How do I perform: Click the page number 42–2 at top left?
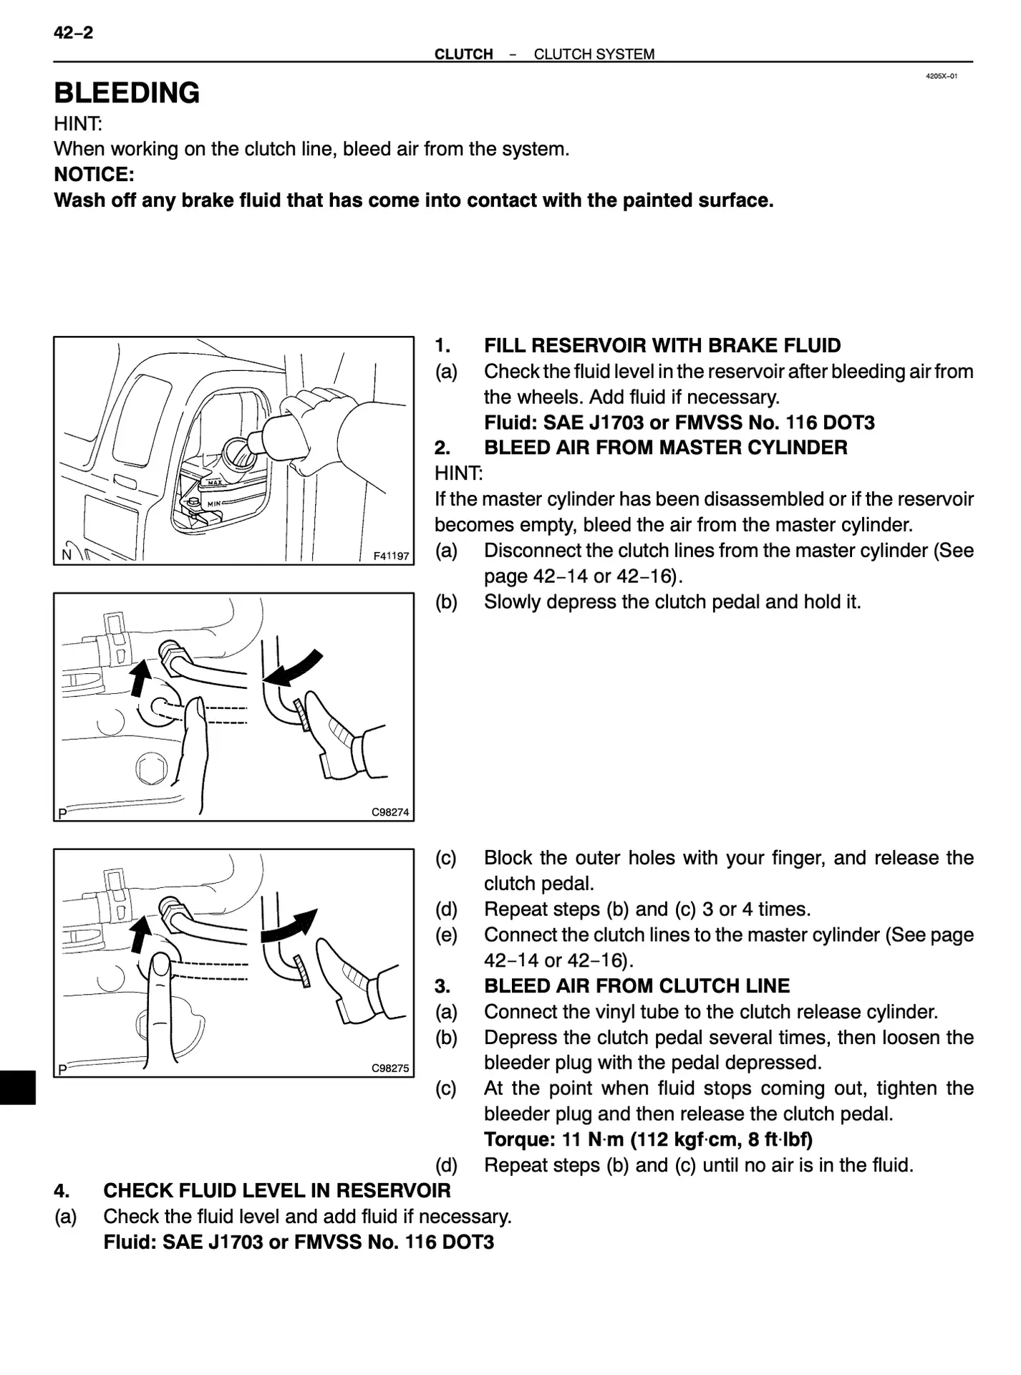pyautogui.click(x=73, y=33)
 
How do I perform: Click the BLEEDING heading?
pyautogui.click(x=127, y=93)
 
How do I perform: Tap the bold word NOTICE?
pyautogui.click(x=94, y=174)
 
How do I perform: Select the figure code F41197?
pyautogui.click(x=391, y=556)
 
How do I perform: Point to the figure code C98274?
pyautogui.click(x=390, y=812)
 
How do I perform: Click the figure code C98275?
pyautogui.click(x=390, y=1068)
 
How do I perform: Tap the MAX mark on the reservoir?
pyautogui.click(x=215, y=483)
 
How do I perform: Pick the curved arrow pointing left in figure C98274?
pyautogui.click(x=292, y=667)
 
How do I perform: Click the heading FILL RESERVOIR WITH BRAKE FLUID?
pyautogui.click(x=662, y=346)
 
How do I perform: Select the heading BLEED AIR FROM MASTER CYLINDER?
pyautogui.click(x=665, y=448)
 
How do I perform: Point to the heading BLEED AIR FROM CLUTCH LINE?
pyautogui.click(x=637, y=986)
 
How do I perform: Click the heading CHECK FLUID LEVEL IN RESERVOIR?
pyautogui.click(x=276, y=1191)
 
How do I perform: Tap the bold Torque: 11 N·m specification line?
pyautogui.click(x=647, y=1139)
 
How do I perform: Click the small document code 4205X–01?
pyautogui.click(x=941, y=76)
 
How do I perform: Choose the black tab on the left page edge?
pyautogui.click(x=17, y=1088)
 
